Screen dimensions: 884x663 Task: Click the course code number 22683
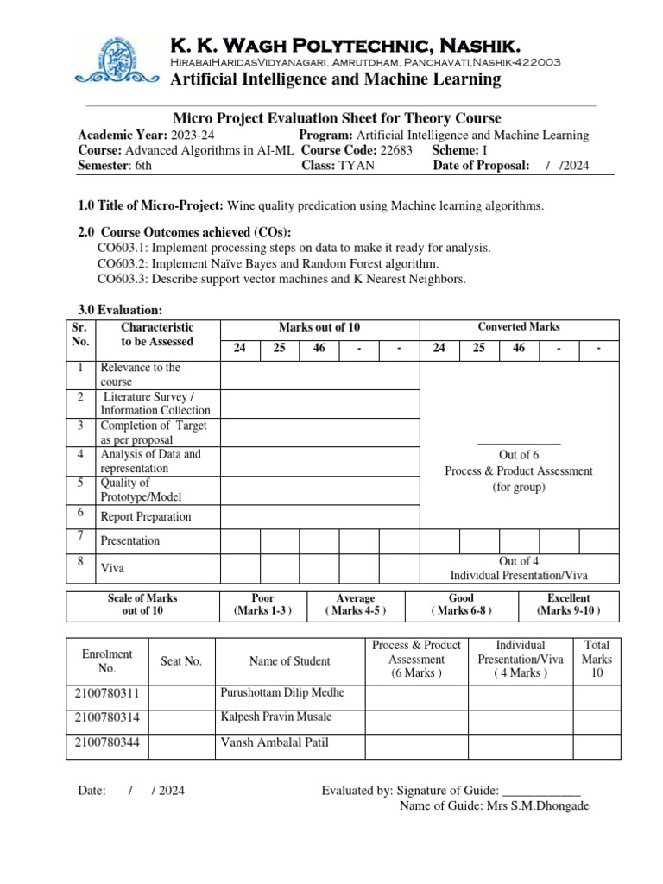click(396, 150)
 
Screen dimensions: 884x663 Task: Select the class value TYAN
click(357, 166)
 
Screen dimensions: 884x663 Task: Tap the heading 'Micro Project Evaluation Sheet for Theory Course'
click(337, 118)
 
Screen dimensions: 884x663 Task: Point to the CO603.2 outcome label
click(123, 263)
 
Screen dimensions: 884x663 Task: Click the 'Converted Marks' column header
click(519, 327)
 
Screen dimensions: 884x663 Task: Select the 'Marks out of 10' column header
click(319, 327)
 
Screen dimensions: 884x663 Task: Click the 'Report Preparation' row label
click(146, 517)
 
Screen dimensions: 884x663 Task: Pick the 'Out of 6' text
click(519, 455)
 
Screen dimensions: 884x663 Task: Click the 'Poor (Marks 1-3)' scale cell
click(261, 604)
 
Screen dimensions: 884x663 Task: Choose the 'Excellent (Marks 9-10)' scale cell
click(568, 604)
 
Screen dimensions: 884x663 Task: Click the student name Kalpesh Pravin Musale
click(276, 717)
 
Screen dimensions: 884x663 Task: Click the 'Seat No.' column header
click(181, 661)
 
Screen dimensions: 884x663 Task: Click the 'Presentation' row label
click(130, 541)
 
